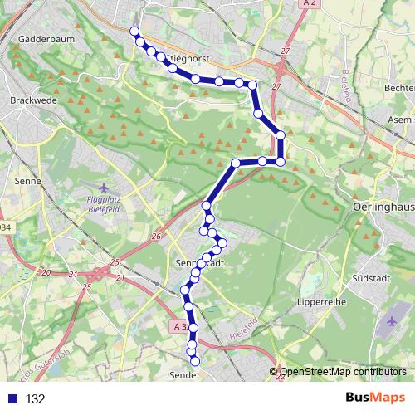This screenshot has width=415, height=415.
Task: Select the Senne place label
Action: tap(27, 179)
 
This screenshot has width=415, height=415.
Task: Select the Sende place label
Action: tap(183, 375)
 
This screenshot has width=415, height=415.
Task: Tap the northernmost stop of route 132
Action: tap(134, 32)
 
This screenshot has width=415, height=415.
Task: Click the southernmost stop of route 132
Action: tap(195, 361)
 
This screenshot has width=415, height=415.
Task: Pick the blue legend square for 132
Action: tap(12, 399)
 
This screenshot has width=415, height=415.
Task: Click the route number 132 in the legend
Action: tap(36, 399)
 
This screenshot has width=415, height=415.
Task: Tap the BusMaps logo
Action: tap(374, 398)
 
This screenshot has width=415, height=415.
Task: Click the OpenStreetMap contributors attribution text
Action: tap(342, 373)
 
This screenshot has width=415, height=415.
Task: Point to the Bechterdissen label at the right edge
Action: tap(399, 88)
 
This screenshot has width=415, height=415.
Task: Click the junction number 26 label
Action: tap(155, 237)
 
